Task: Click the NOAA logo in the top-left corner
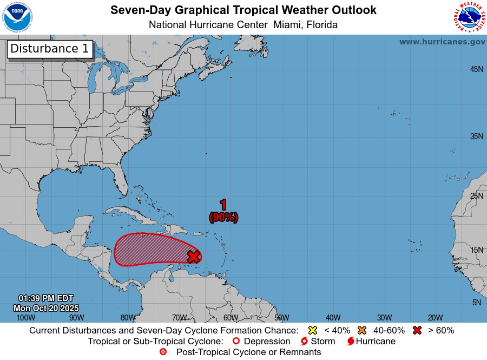coord(17,17)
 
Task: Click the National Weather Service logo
coord(469,17)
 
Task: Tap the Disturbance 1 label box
coord(50,49)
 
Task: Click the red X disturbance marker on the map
coord(194,256)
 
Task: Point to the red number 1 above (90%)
coord(223,205)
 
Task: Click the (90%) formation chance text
coord(223,217)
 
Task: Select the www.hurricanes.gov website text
coord(442,42)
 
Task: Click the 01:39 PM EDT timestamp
coord(46,298)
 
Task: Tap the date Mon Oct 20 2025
coord(46,307)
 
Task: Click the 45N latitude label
coord(476,69)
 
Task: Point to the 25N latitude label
coord(476,195)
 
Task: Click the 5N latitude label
coord(476,303)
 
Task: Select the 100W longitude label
coord(25,318)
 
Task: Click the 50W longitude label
coord(281,318)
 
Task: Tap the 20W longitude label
coord(436,318)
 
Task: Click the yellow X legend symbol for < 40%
coord(312,330)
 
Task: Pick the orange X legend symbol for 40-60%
coord(362,330)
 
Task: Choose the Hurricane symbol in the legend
coord(351,342)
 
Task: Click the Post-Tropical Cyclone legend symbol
coord(163,352)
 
